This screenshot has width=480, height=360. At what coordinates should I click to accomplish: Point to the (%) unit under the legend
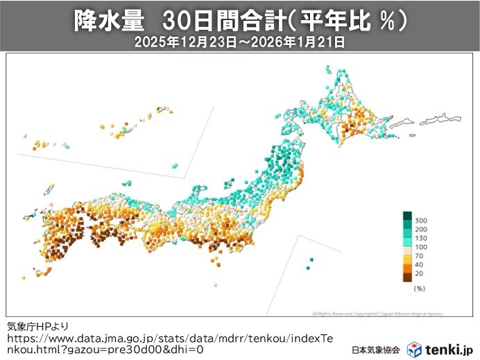click(x=418, y=287)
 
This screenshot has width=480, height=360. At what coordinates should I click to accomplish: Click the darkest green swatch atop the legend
click(x=407, y=215)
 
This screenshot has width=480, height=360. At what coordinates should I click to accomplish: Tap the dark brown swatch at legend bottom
click(x=407, y=277)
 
